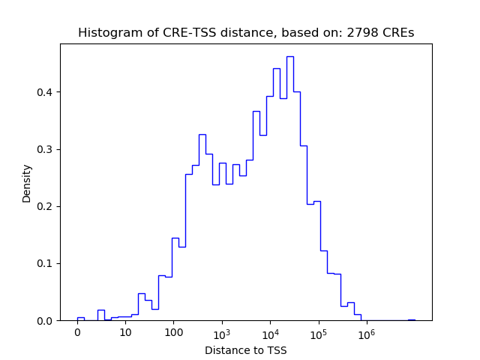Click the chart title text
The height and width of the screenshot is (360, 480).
(x=246, y=33)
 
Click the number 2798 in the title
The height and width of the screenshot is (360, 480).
(x=363, y=33)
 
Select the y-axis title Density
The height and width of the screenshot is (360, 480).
(x=27, y=182)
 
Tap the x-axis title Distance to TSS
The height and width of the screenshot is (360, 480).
(x=246, y=350)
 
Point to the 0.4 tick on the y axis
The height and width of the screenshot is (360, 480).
(x=46, y=92)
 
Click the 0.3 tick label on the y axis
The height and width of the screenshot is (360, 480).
(x=46, y=149)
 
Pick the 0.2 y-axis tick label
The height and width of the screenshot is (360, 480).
(x=46, y=206)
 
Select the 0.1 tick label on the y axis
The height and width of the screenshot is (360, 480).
(x=46, y=263)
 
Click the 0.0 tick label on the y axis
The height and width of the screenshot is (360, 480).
(x=46, y=320)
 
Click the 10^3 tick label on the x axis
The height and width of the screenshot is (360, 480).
(x=222, y=333)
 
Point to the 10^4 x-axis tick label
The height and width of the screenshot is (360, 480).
(x=270, y=333)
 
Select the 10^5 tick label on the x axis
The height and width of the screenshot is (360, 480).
(x=319, y=333)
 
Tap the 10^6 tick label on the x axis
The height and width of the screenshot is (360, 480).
(x=367, y=333)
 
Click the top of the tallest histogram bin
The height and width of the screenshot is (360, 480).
(x=289, y=56)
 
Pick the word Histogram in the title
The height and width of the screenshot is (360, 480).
(x=106, y=33)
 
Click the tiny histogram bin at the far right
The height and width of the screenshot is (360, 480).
(x=411, y=319)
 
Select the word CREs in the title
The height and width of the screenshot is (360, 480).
(x=397, y=33)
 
